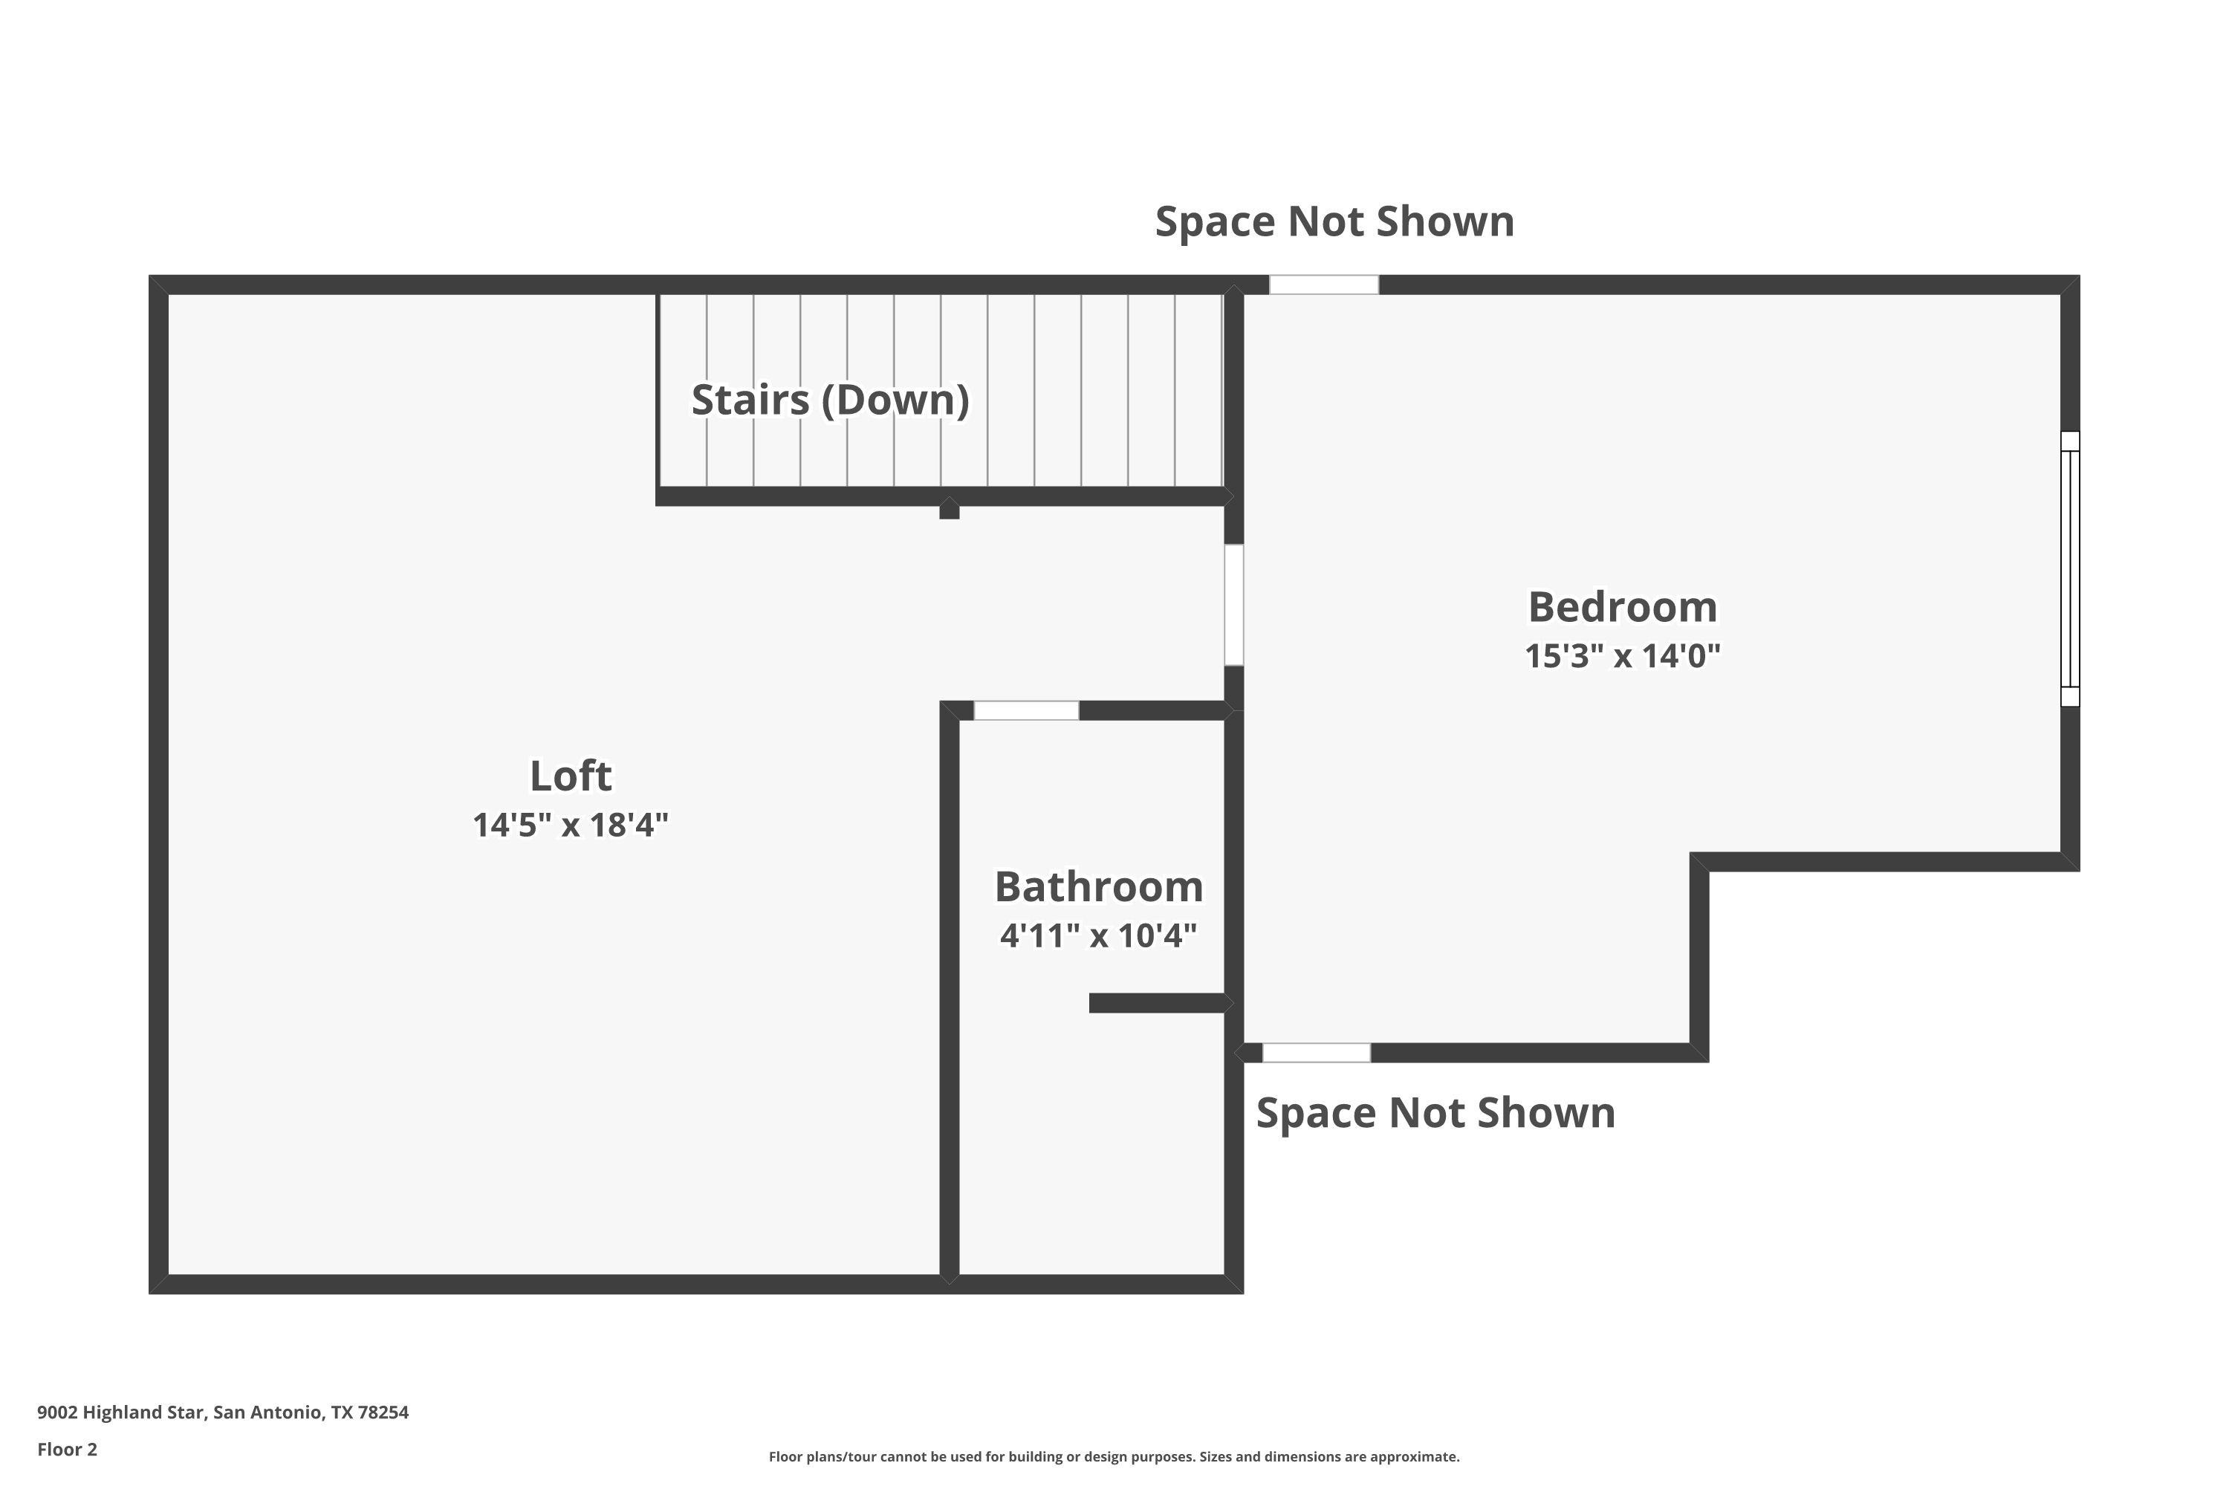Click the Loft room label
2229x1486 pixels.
click(571, 776)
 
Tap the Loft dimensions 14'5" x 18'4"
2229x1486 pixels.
click(571, 825)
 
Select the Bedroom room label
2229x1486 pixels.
click(1623, 608)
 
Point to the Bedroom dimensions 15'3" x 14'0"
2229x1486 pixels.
click(1623, 656)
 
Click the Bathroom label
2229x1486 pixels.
click(1098, 887)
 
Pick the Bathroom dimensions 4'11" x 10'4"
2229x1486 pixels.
click(1098, 936)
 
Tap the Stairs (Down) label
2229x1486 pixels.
click(830, 400)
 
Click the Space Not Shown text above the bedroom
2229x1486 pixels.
click(1334, 221)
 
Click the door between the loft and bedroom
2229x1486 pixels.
click(1234, 605)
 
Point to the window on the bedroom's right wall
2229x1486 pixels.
click(2070, 568)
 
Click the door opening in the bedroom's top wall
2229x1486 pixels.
click(1324, 285)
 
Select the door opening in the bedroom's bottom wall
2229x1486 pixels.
click(1317, 1052)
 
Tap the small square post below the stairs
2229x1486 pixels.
click(950, 510)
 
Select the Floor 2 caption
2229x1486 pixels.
click(68, 1449)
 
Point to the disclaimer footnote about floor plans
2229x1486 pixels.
click(1114, 1456)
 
